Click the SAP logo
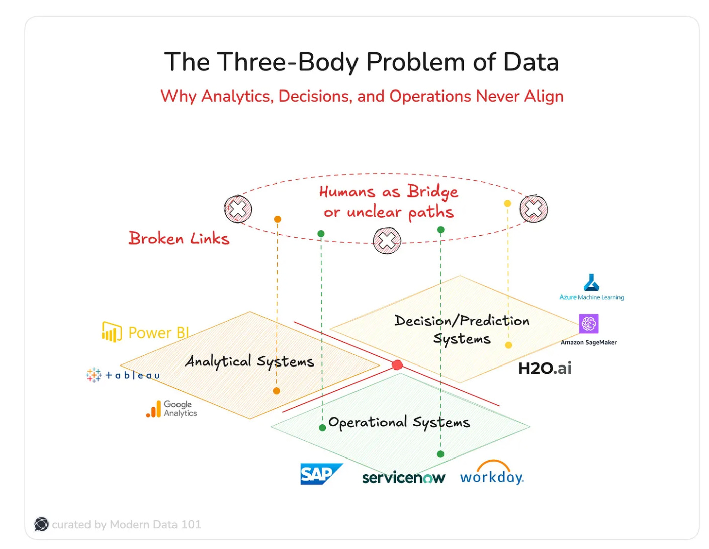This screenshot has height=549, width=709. tap(320, 474)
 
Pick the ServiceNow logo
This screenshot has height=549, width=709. tap(403, 477)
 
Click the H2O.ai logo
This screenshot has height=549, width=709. tap(545, 368)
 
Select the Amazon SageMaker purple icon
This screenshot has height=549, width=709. tap(588, 324)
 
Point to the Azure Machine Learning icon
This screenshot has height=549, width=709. tap(591, 283)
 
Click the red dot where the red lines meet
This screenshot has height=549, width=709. tap(397, 365)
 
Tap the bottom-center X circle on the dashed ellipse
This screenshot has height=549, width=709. tap(387, 241)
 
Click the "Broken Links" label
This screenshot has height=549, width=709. tap(179, 238)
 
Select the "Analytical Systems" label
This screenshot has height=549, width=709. tap(249, 361)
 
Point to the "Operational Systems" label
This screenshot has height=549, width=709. tap(399, 422)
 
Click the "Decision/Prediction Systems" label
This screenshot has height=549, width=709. tap(462, 329)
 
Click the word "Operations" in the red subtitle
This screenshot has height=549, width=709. tap(430, 96)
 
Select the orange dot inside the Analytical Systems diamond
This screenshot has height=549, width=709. tap(276, 391)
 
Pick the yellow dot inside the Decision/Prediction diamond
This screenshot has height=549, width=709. tap(508, 345)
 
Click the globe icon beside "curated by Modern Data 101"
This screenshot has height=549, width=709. tap(41, 524)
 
